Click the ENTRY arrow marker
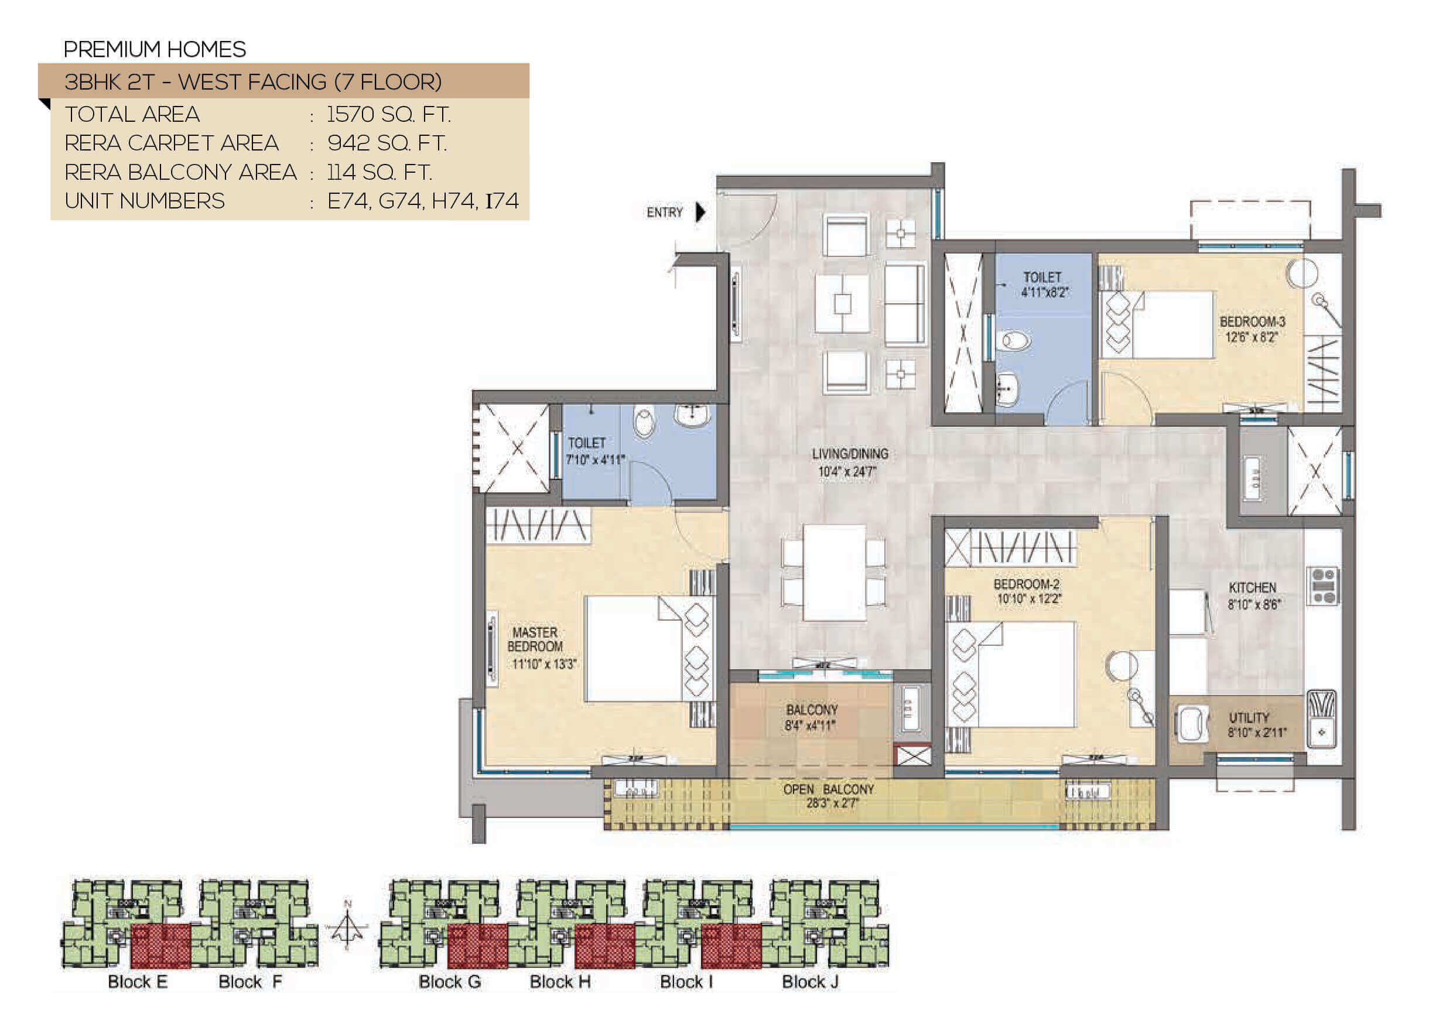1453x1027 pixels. tap(700, 212)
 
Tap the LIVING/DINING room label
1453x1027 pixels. tap(850, 454)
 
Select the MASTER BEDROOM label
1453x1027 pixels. tap(535, 639)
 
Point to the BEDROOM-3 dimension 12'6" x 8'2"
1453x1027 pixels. tap(1252, 337)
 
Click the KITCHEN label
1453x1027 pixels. tap(1252, 588)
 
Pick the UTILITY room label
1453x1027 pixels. tap(1249, 718)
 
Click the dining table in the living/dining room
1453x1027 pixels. tap(834, 573)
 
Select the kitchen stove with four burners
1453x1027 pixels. tap(1323, 586)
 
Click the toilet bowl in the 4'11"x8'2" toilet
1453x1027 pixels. tap(1013, 341)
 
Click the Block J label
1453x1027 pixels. tap(810, 981)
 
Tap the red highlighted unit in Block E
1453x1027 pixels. tap(160, 946)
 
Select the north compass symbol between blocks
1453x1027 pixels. tap(347, 926)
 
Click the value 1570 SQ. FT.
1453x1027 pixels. tap(388, 115)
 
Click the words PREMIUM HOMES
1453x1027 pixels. tap(155, 49)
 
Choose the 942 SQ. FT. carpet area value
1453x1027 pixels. tap(387, 143)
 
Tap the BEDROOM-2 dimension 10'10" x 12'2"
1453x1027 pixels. tap(1029, 598)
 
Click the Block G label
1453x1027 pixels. tap(450, 981)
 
